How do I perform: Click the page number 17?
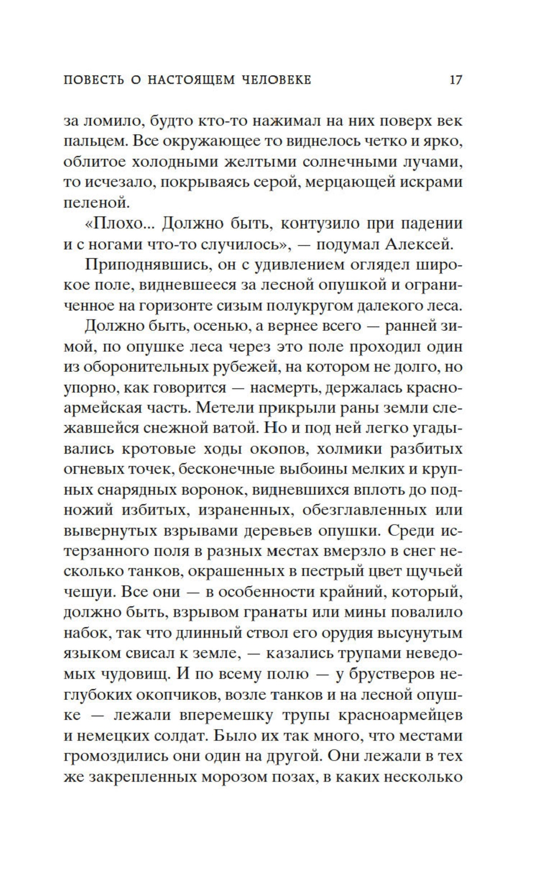455,80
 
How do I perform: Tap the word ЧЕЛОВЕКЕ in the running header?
277,81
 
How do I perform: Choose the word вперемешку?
224,714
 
